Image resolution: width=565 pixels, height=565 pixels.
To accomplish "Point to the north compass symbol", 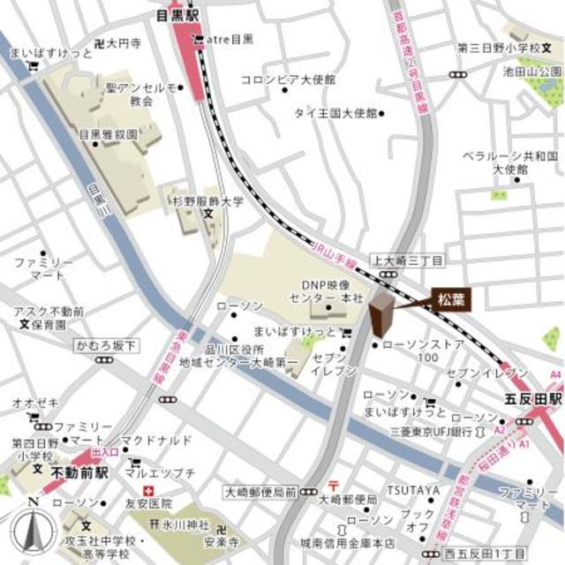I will (x=33, y=530).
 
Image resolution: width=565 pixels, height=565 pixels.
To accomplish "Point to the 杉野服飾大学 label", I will (x=207, y=202).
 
